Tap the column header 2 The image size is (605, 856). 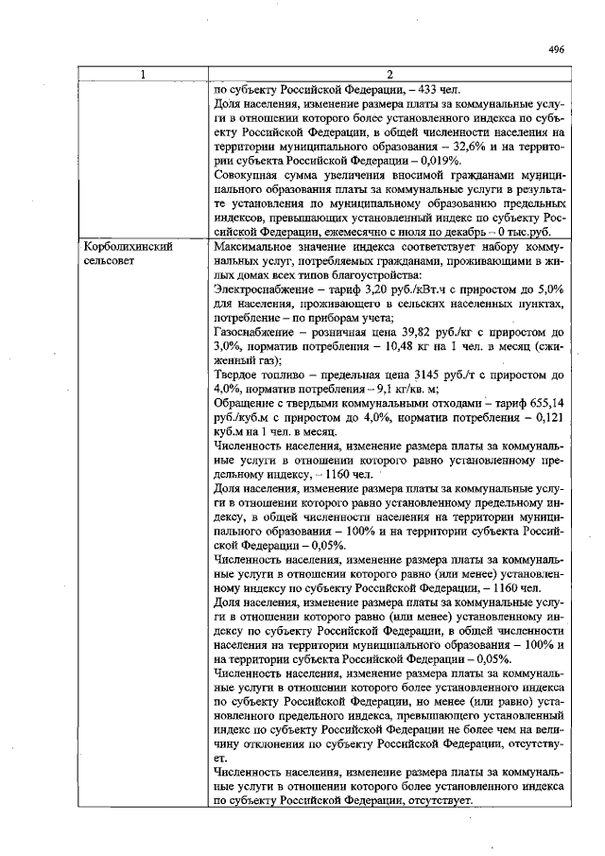tap(389, 75)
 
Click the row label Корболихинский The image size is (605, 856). tap(129, 245)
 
